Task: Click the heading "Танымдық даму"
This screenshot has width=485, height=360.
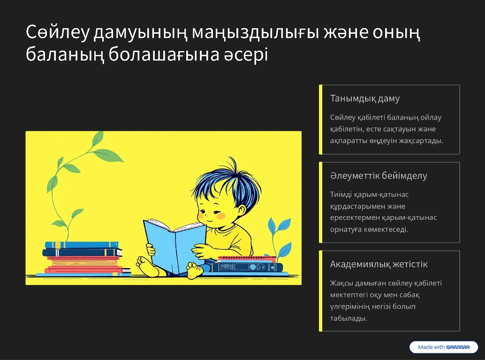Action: point(364,98)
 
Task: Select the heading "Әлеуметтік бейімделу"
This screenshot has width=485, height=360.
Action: point(378,175)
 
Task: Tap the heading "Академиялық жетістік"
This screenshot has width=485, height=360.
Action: point(379,264)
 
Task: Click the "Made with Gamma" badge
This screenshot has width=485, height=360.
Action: point(444,347)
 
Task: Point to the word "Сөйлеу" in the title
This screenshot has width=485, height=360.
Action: point(58,32)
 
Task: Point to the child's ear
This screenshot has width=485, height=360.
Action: point(240,210)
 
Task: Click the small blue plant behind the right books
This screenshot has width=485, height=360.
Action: point(280,235)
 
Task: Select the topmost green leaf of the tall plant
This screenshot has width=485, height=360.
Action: point(98,138)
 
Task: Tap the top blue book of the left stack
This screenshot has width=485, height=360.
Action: point(82,245)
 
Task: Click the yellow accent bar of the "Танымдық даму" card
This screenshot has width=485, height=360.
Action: point(321,119)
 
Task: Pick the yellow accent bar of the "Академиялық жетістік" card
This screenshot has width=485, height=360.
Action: point(321,291)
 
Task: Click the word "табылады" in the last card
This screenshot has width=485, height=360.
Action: point(349,318)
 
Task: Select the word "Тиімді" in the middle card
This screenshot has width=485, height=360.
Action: point(341,195)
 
